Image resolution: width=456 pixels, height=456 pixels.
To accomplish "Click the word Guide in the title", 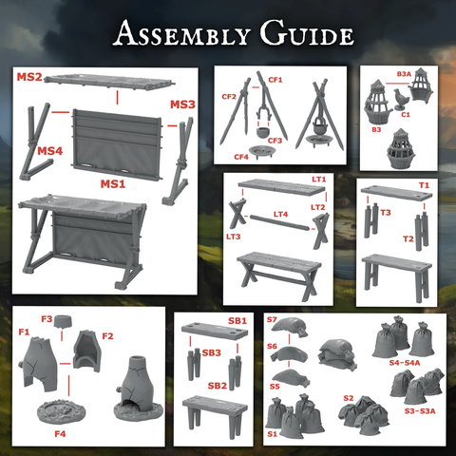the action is [307, 33].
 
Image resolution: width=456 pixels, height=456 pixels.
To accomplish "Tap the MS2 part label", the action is [29, 77].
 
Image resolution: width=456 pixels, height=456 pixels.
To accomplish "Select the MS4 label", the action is [49, 151].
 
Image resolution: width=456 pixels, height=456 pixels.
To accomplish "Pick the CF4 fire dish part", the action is [261, 151].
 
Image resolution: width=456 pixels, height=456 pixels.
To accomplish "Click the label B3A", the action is [404, 74].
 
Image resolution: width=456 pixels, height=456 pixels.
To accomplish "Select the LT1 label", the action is [318, 180].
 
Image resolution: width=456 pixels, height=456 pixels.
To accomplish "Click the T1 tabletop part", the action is [396, 193].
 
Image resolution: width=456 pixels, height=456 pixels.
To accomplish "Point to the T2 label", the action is [408, 238].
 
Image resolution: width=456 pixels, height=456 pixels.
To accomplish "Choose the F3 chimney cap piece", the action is [63, 322].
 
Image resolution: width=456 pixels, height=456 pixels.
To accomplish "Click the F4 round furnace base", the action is [62, 411].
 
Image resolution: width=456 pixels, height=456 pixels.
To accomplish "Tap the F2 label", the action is [107, 336].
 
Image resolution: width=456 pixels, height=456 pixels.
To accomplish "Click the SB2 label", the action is [218, 386].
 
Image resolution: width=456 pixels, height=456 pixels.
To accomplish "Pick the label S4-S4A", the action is [405, 363].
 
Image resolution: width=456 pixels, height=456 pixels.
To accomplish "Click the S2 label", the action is [349, 398].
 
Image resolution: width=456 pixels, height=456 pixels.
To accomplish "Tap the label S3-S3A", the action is [420, 411].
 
